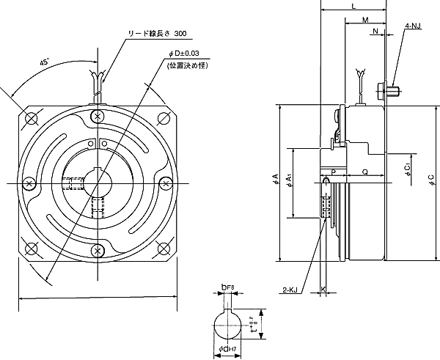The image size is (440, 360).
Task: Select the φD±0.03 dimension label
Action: tap(184, 53)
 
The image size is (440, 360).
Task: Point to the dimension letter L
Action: tap(353, 6)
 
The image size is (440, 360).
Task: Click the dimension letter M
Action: tap(365, 21)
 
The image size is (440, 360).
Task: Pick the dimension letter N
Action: tap(375, 32)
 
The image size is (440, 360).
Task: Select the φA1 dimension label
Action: tap(290, 180)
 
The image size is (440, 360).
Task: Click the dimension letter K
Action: tap(323, 290)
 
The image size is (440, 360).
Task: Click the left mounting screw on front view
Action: tap(29, 183)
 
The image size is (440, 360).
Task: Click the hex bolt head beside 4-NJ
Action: tap(383, 92)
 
